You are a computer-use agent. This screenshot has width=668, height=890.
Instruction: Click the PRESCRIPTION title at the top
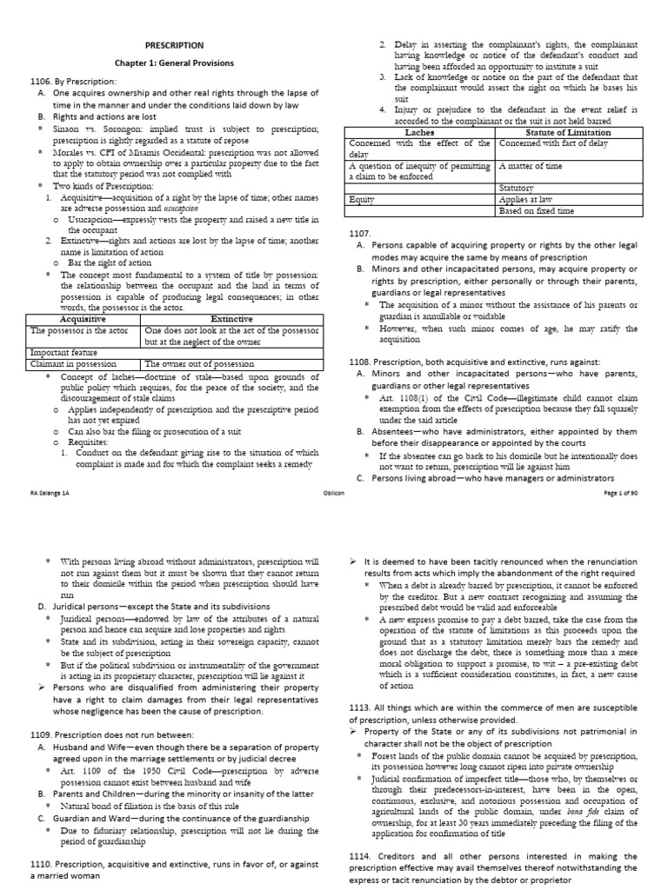tap(175, 44)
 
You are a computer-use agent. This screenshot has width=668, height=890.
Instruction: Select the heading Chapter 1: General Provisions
tap(175, 63)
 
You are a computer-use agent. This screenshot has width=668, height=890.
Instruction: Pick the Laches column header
tap(419, 132)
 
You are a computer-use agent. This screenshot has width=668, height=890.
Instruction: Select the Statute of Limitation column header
tap(566, 132)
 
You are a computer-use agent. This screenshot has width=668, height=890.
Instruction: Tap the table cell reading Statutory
tap(517, 188)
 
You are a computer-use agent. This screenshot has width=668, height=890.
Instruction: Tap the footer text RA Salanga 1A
tap(50, 491)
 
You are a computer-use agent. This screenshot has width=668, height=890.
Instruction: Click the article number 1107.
tap(361, 234)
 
